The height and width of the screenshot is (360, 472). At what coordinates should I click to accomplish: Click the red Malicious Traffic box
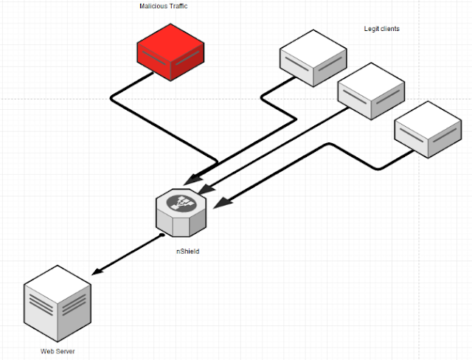[170, 52]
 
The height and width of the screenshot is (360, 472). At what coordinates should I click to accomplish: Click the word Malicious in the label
[153, 6]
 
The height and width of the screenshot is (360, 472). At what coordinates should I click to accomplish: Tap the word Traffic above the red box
[178, 6]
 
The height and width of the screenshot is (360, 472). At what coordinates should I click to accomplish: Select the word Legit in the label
[371, 29]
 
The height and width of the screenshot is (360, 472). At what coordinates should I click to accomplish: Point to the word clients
[390, 29]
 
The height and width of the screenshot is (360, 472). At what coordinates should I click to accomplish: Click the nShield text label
[188, 252]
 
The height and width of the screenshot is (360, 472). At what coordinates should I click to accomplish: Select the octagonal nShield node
[181, 212]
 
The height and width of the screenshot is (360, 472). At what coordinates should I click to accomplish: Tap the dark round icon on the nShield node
[181, 203]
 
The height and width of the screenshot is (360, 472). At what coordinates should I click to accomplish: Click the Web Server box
[58, 303]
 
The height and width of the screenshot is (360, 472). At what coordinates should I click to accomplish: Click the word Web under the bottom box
[46, 351]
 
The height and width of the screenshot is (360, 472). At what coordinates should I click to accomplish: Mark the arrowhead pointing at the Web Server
[97, 271]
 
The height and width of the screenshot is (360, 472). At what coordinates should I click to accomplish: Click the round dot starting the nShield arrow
[162, 235]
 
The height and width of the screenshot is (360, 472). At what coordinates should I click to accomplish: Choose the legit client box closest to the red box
[313, 58]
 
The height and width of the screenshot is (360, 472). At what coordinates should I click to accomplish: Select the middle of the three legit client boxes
[371, 91]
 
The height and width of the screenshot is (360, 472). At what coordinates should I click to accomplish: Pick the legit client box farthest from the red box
[428, 129]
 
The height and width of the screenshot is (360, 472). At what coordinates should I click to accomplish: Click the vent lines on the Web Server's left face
[41, 305]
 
